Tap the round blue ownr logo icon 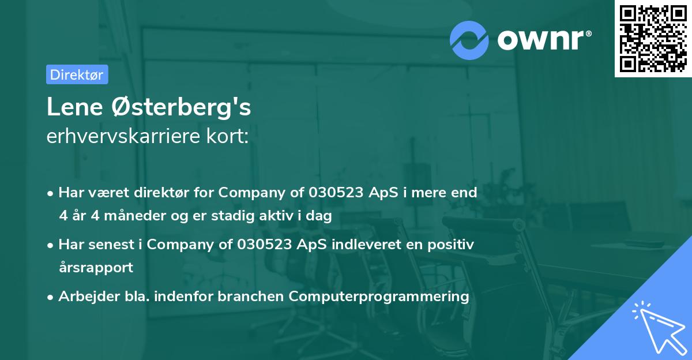click(469, 40)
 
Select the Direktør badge click(77, 74)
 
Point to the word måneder click(133, 216)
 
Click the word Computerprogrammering click(379, 297)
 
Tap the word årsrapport click(96, 268)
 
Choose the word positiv click(451, 245)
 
